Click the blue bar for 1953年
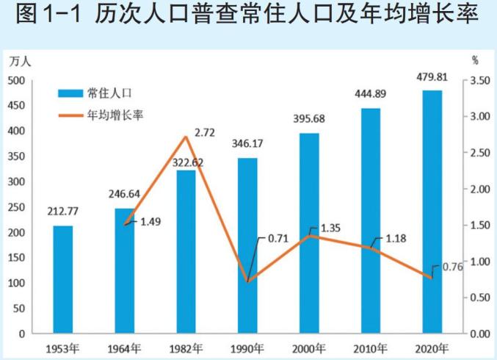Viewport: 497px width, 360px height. click(63, 279)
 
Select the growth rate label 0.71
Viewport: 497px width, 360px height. click(278, 239)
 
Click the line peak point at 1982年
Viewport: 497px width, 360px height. click(186, 137)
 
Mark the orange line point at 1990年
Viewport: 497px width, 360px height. click(247, 282)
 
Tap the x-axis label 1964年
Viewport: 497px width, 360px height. click(124, 348)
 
